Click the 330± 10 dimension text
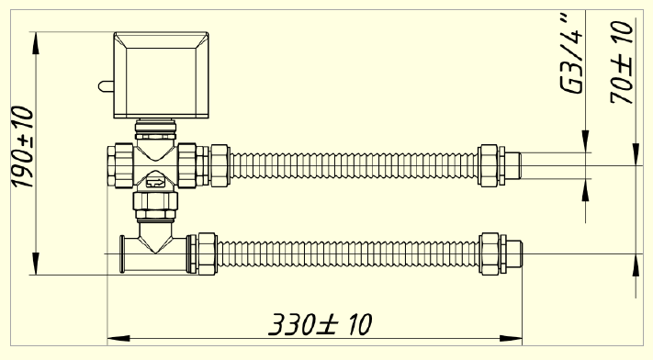[x=320, y=324]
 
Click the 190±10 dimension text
[x=22, y=147]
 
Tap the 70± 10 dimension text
[x=622, y=62]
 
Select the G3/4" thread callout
[x=571, y=53]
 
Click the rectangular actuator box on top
[x=161, y=75]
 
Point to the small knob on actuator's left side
[x=106, y=86]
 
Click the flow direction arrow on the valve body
[x=155, y=182]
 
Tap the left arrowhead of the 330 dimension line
[x=118, y=338]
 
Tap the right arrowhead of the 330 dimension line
[x=511, y=338]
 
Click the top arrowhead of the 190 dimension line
[x=36, y=42]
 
